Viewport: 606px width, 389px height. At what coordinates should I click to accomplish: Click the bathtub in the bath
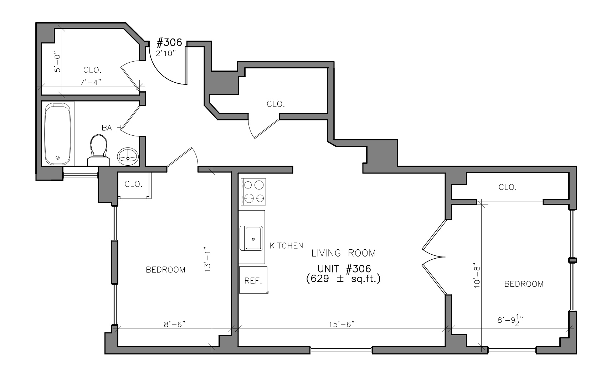(58, 134)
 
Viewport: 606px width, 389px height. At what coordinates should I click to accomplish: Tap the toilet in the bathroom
(98, 150)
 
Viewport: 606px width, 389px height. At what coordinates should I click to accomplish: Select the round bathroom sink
(128, 156)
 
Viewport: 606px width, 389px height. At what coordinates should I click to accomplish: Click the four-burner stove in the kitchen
(253, 192)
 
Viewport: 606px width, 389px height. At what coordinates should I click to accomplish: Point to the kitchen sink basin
(253, 238)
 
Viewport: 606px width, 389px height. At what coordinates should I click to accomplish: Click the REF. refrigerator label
(253, 281)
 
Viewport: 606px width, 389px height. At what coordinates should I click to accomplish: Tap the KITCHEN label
(287, 245)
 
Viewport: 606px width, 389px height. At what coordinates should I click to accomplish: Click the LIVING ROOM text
(344, 253)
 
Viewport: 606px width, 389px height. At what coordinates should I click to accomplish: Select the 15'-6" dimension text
(341, 324)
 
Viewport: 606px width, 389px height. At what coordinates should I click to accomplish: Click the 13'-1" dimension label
(207, 259)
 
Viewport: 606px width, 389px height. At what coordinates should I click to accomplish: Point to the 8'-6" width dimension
(175, 324)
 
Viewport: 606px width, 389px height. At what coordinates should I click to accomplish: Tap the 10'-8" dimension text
(477, 275)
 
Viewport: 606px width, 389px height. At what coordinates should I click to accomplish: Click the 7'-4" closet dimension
(91, 82)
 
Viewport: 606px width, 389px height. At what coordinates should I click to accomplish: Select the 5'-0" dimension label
(58, 62)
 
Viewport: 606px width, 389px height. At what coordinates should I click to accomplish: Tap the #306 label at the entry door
(169, 42)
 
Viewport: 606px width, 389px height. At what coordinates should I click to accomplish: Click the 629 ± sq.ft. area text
(343, 279)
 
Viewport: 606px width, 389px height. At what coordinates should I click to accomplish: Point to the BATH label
(112, 128)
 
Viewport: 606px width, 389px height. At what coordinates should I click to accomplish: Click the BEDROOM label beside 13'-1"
(165, 270)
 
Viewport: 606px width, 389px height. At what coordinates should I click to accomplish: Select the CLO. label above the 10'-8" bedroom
(508, 187)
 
